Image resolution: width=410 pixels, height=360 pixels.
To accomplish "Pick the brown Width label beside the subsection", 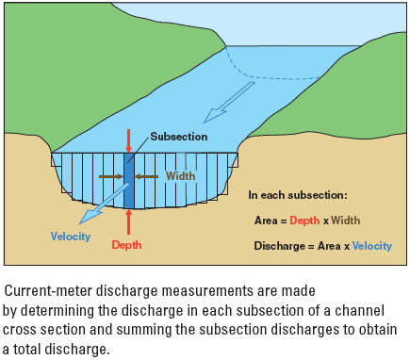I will click(x=180, y=175).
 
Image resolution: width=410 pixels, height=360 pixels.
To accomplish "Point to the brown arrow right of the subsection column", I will click(x=149, y=175).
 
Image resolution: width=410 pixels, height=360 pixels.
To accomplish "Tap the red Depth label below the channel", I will click(x=127, y=245).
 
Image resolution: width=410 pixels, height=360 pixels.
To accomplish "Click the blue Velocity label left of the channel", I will click(x=72, y=236).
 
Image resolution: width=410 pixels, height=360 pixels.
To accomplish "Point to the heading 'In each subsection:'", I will click(x=298, y=195).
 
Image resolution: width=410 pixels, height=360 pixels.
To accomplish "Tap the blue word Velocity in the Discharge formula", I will click(x=371, y=245).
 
